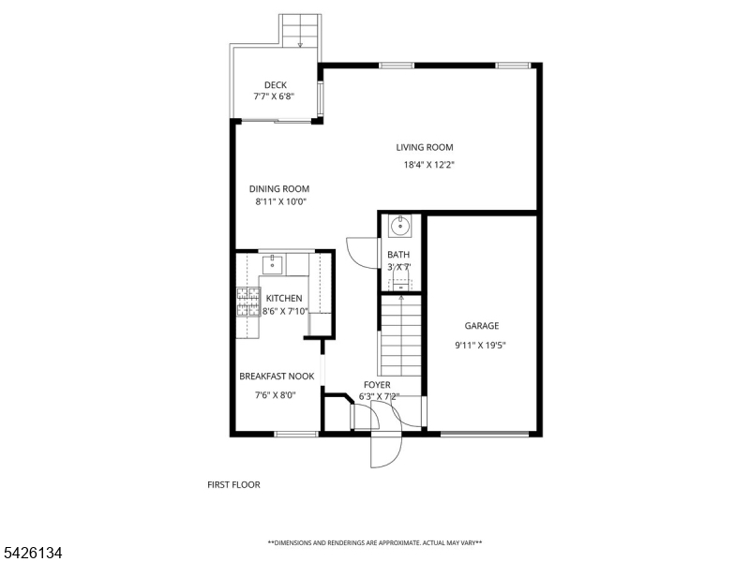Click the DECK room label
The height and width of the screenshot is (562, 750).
pyautogui.click(x=275, y=84)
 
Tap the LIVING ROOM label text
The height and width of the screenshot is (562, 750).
pyautogui.click(x=424, y=147)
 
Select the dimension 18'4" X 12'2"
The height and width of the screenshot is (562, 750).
pyautogui.click(x=428, y=164)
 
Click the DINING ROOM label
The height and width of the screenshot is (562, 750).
pyautogui.click(x=278, y=188)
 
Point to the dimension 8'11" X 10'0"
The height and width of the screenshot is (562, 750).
pyautogui.click(x=280, y=201)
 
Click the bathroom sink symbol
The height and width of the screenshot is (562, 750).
pyautogui.click(x=400, y=225)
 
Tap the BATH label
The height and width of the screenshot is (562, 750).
pyautogui.click(x=398, y=254)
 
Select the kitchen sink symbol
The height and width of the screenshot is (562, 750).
pyautogui.click(x=273, y=263)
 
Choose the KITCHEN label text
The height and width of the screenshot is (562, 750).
pyautogui.click(x=284, y=298)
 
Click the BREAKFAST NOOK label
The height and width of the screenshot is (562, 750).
pyautogui.click(x=276, y=376)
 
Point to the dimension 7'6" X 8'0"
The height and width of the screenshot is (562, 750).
pyautogui.click(x=275, y=394)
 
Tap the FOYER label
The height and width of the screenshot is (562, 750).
pyautogui.click(x=377, y=384)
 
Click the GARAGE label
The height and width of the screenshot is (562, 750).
pyautogui.click(x=481, y=326)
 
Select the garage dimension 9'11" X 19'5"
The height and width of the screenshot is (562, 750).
pyautogui.click(x=481, y=344)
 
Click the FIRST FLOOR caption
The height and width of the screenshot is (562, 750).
pyautogui.click(x=233, y=484)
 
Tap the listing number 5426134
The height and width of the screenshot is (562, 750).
pyautogui.click(x=34, y=553)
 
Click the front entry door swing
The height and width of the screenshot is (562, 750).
pyautogui.click(x=385, y=451)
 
